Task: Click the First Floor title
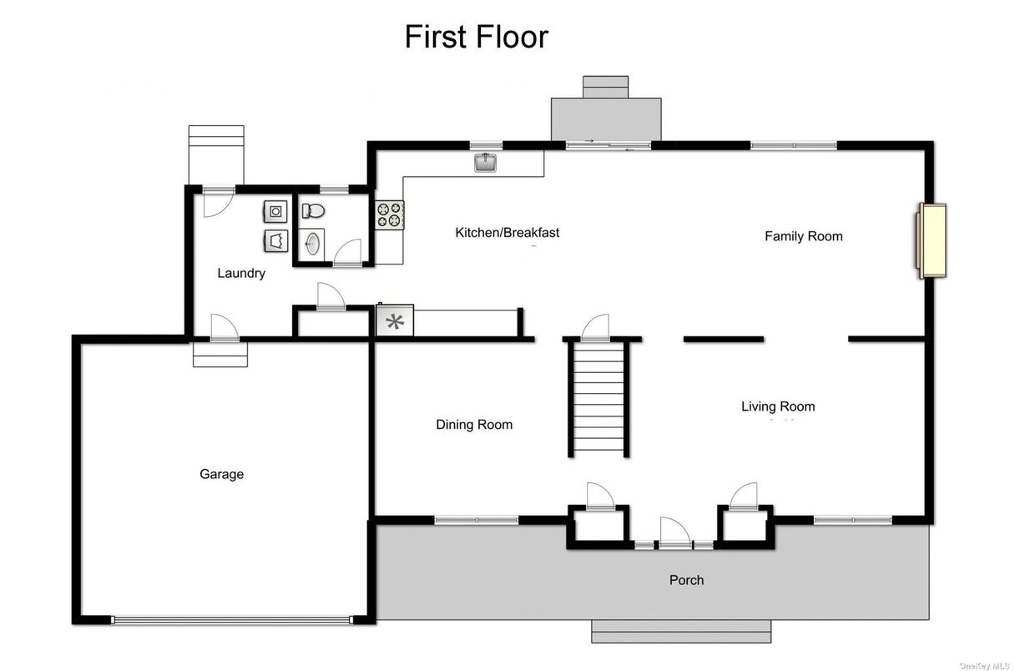[476, 38]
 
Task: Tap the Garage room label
[221, 474]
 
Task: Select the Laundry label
[241, 273]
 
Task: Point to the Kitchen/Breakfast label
[507, 232]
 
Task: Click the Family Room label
[803, 236]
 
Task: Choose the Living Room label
[777, 406]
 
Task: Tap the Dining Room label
[474, 425]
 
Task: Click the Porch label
[686, 580]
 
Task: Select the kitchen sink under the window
[486, 162]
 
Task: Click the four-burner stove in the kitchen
[390, 215]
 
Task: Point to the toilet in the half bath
[313, 210]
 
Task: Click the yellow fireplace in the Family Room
[932, 240]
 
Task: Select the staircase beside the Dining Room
[598, 399]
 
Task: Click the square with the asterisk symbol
[394, 320]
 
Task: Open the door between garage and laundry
[223, 329]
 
